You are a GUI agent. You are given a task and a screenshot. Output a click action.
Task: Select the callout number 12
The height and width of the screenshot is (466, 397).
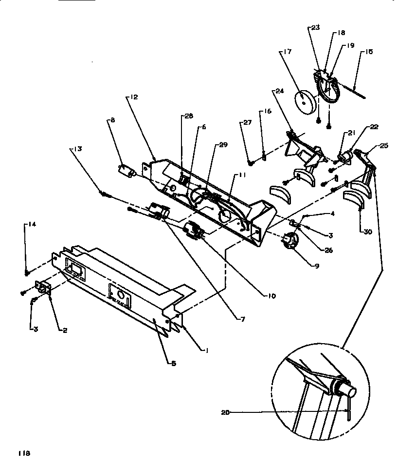133,97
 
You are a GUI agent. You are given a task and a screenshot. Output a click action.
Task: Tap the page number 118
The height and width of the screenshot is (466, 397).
24,453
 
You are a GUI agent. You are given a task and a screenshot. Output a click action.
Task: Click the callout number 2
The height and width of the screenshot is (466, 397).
64,330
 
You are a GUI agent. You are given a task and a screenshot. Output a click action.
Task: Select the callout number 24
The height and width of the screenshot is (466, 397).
279,91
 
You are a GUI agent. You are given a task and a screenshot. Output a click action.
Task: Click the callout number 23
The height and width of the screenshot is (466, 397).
316,28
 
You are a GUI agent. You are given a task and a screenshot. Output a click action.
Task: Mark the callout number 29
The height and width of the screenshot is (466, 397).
223,145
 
